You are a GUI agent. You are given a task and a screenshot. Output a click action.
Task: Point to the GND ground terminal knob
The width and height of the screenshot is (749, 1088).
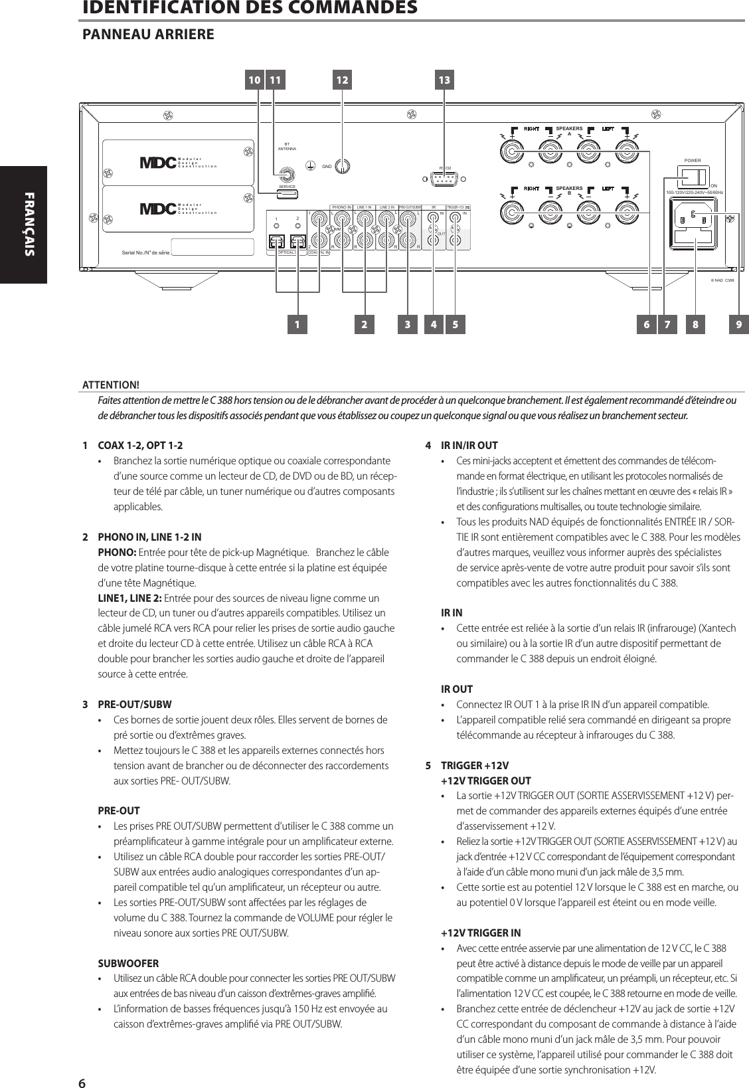click(342, 165)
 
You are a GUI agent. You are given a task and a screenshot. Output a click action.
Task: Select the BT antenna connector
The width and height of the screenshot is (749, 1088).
click(287, 175)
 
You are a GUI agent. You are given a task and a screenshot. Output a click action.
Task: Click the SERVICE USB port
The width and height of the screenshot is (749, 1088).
click(287, 194)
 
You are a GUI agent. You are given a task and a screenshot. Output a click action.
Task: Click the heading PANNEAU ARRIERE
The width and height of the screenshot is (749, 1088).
click(147, 34)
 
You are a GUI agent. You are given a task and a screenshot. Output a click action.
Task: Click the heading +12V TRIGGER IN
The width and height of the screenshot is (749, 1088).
click(481, 933)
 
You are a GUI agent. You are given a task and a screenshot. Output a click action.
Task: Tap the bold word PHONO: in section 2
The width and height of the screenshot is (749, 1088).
click(118, 553)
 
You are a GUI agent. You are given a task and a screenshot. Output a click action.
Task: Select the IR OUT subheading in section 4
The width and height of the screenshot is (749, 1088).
click(457, 689)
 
